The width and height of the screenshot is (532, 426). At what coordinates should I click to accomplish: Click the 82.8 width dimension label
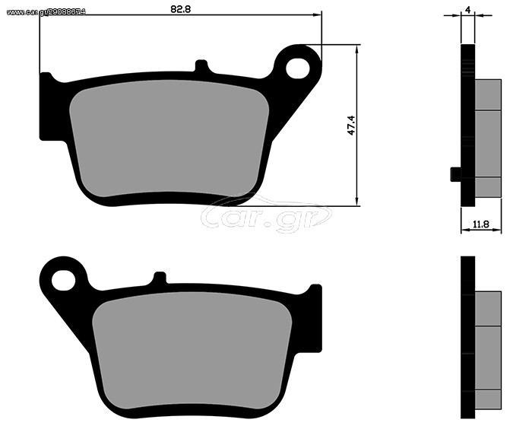pos(181,9)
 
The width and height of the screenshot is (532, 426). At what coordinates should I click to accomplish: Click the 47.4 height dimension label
pos(351,126)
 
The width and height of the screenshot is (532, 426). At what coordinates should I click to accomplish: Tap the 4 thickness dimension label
pos(468,10)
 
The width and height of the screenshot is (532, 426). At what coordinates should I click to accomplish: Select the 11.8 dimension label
pos(481,224)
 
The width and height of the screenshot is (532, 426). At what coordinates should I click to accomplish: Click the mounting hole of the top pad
pos(298,68)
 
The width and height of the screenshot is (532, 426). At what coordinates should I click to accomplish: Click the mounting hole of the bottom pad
pos(63,280)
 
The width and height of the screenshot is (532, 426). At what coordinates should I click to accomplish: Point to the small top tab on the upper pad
pos(201,65)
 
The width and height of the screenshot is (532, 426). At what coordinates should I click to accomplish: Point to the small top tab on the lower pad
pos(160,277)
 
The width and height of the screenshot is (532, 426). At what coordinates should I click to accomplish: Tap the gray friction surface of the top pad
pos(169,138)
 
